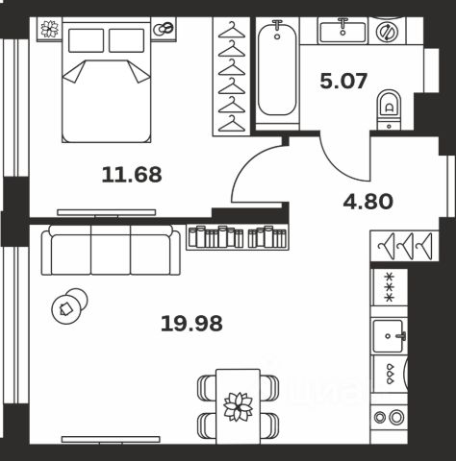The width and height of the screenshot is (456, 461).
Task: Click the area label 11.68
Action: [132, 175]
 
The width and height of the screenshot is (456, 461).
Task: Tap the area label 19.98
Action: [191, 324]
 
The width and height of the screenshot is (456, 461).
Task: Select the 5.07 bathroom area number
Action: [343, 81]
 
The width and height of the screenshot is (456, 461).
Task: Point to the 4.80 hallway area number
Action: [367, 202]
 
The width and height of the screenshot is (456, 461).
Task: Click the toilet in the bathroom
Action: [389, 109]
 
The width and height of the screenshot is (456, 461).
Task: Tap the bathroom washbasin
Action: [343, 31]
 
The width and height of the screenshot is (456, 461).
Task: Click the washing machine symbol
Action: [387, 32]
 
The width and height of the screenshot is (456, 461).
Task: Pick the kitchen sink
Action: [389, 336]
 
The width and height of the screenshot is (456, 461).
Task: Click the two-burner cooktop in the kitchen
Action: [389, 418]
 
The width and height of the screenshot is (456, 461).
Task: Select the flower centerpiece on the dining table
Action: [238, 406]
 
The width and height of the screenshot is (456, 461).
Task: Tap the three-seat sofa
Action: [111, 250]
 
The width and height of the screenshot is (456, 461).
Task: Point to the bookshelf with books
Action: [238, 237]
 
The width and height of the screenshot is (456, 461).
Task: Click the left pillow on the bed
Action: [87, 40]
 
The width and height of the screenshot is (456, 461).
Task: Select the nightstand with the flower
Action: [50, 29]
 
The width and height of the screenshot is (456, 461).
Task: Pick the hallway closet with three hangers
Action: [405, 246]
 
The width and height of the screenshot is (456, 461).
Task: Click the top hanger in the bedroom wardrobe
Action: [232, 30]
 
